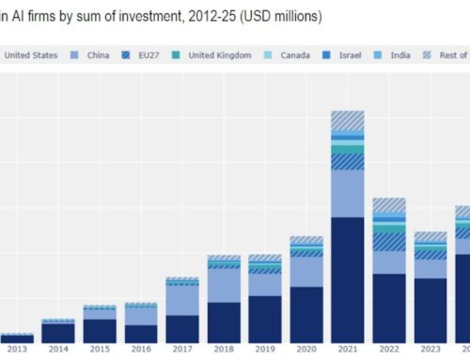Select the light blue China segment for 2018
223,285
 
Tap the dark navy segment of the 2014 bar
58,333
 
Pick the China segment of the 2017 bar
182,299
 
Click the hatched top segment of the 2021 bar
347,120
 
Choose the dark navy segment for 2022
388,307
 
